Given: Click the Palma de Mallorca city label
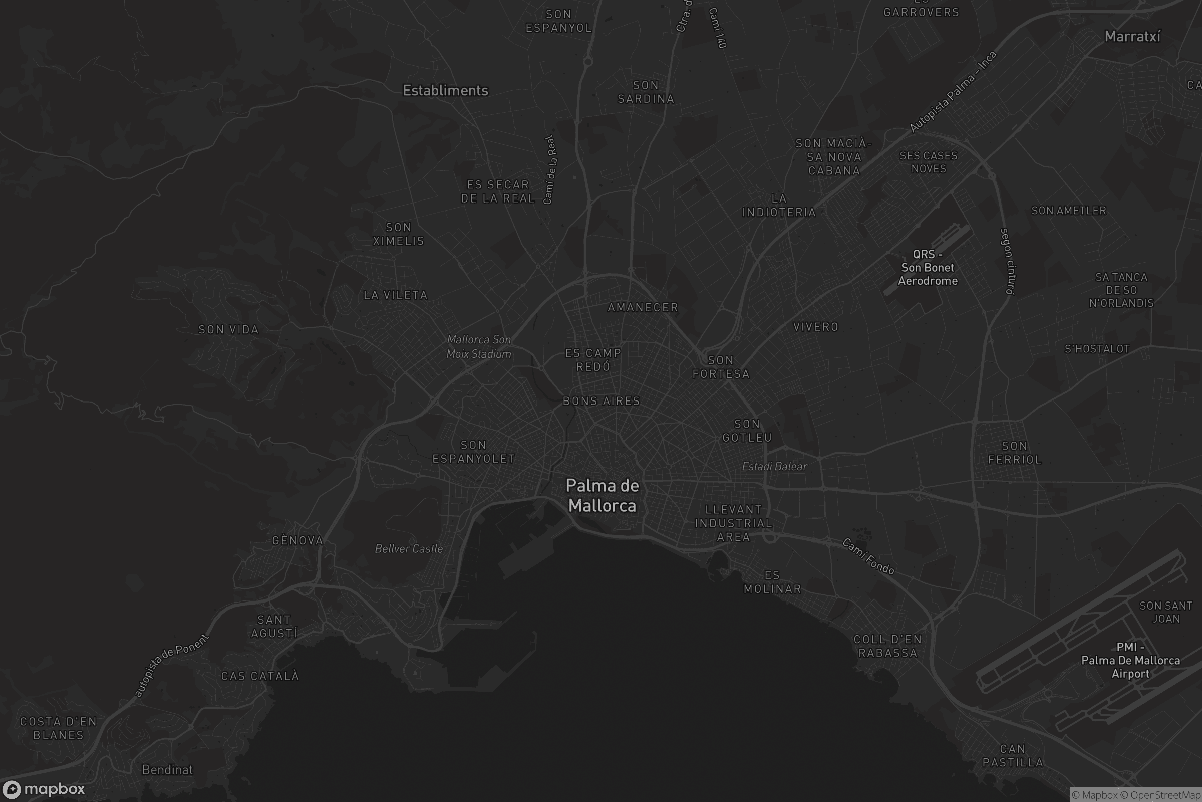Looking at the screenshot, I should pyautogui.click(x=603, y=496).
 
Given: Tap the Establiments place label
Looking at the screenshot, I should pyautogui.click(x=445, y=91).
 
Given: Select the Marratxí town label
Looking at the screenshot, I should pyautogui.click(x=1132, y=36).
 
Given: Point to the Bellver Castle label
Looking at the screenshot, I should pyautogui.click(x=409, y=549).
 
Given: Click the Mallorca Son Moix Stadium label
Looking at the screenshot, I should pyautogui.click(x=479, y=347).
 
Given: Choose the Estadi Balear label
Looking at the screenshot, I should pyautogui.click(x=774, y=467).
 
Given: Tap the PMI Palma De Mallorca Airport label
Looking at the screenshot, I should pyautogui.click(x=1130, y=660).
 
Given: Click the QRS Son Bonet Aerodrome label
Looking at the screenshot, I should pyautogui.click(x=928, y=268).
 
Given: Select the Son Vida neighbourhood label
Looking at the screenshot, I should pyautogui.click(x=228, y=330).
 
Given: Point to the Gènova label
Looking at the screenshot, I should pyautogui.click(x=297, y=541).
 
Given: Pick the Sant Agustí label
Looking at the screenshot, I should pyautogui.click(x=274, y=627).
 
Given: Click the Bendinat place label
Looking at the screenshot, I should pyautogui.click(x=167, y=770).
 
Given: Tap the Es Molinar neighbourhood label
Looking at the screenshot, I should pyautogui.click(x=772, y=582).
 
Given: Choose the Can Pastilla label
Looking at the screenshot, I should pyautogui.click(x=1012, y=756).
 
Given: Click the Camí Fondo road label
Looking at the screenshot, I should pyautogui.click(x=868, y=556).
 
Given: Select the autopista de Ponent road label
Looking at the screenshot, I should pyautogui.click(x=172, y=666).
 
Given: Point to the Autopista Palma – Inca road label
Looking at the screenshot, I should pyautogui.click(x=953, y=92).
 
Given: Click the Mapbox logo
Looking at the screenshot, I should pyautogui.click(x=43, y=789).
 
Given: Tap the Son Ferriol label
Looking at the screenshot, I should pyautogui.click(x=1015, y=453).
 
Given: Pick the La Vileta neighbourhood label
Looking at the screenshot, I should pyautogui.click(x=396, y=295).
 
